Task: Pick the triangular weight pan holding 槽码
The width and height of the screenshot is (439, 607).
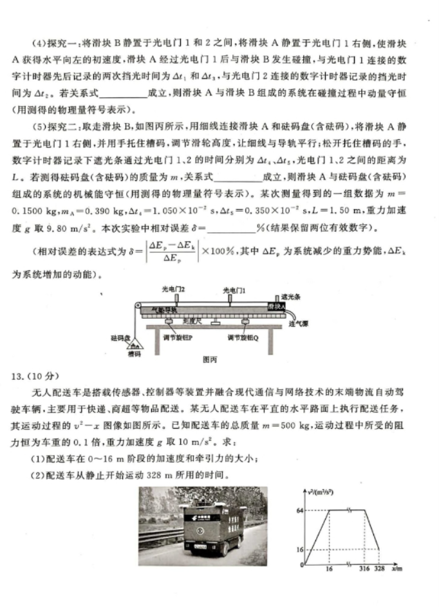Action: point(136,344)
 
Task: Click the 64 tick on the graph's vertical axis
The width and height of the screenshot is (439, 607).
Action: point(300,510)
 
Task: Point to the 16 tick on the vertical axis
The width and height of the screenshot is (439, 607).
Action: point(300,549)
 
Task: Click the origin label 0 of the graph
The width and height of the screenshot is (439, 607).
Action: point(301,566)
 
